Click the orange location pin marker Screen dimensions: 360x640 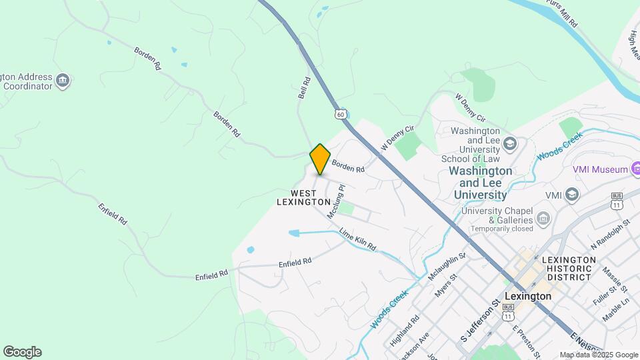320,159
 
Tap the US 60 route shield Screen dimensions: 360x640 341,114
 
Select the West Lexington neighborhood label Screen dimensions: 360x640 303,197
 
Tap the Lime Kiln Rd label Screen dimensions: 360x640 357,239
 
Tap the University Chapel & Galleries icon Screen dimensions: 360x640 543,219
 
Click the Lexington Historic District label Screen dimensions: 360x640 569,268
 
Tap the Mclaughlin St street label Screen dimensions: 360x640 447,264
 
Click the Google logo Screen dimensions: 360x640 22,352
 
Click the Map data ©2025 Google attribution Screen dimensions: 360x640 598,355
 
